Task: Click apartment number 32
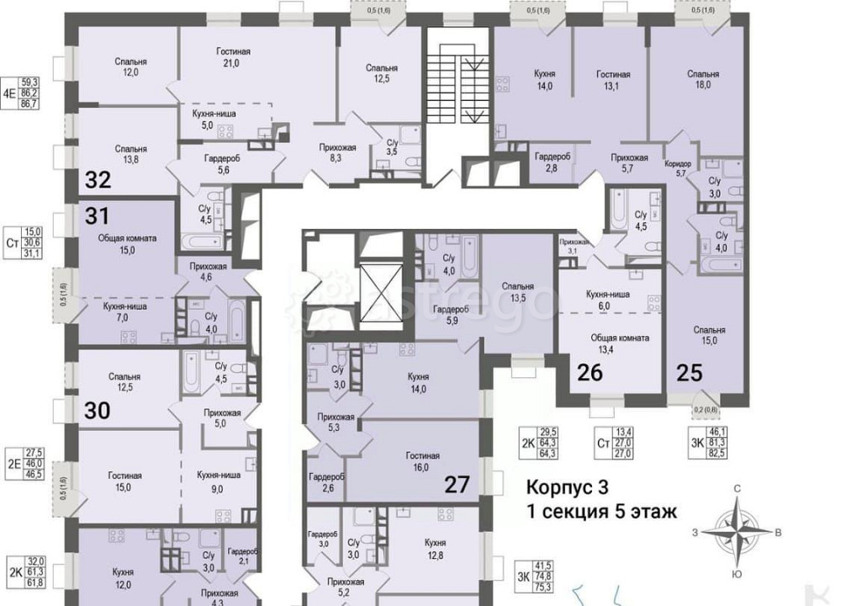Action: [x=98, y=180]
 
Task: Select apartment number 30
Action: [x=98, y=411]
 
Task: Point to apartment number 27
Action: [x=457, y=484]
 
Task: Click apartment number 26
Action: [x=590, y=371]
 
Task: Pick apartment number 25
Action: [x=689, y=371]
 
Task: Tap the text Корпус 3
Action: [x=565, y=487]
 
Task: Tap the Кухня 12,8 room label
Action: [x=435, y=549]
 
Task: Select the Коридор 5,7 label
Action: [x=677, y=167]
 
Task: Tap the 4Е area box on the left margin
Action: [x=21, y=88]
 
